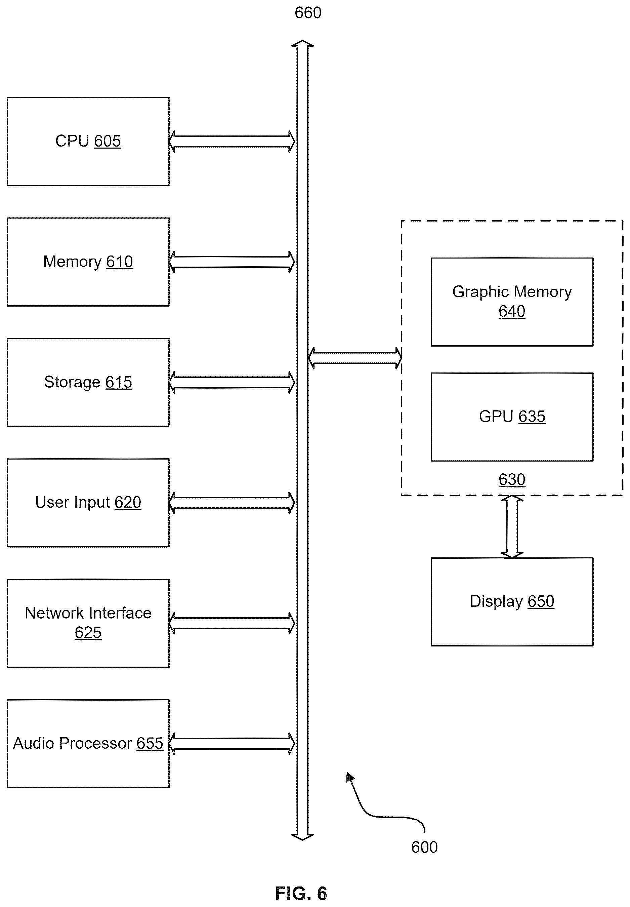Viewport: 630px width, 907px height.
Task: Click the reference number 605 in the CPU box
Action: (108, 141)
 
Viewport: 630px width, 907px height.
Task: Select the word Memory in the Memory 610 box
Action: (72, 262)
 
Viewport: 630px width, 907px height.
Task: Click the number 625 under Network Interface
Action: (88, 633)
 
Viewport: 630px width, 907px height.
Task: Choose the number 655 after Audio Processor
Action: (150, 743)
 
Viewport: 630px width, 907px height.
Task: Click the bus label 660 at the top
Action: (308, 13)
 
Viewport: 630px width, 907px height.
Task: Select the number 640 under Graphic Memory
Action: (512, 311)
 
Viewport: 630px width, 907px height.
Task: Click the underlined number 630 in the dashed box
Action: (512, 479)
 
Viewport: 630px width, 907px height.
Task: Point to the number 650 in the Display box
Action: (541, 601)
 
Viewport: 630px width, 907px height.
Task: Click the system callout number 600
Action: (424, 847)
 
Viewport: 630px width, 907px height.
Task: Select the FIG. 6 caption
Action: (301, 894)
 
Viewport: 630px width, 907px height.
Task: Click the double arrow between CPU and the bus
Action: (232, 141)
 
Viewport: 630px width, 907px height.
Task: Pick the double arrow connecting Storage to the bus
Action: (232, 382)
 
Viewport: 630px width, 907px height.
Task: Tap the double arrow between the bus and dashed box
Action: (355, 358)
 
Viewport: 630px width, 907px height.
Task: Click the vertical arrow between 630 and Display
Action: (512, 527)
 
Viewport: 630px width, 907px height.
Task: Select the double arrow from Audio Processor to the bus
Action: (232, 744)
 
